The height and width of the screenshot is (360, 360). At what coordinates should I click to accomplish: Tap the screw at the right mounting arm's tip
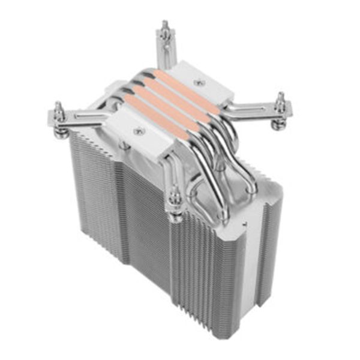point(280,103)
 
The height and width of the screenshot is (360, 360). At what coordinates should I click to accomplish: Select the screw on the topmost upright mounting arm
point(164,29)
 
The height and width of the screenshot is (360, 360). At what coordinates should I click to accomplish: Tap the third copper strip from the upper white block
point(168,101)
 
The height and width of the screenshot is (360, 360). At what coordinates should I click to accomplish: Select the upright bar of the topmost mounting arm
point(166,51)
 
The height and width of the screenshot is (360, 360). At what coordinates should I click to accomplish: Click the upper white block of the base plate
point(207,84)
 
